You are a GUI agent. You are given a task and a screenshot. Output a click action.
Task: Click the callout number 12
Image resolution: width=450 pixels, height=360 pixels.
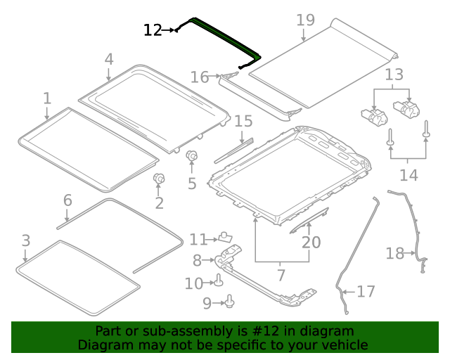[x=153, y=30]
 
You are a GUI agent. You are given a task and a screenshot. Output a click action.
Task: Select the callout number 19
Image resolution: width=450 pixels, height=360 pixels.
[x=305, y=20]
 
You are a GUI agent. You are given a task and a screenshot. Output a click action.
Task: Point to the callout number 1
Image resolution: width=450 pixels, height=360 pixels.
[x=46, y=97]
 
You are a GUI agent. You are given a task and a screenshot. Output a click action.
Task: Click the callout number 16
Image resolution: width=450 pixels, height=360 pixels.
[x=200, y=77]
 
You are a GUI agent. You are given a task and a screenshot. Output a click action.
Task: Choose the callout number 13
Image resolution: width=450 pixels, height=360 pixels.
[x=394, y=74]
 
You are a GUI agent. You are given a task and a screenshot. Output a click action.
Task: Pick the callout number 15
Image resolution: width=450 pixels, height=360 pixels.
[x=243, y=122]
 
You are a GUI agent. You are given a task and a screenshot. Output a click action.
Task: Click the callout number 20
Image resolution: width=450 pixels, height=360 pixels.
[x=311, y=243]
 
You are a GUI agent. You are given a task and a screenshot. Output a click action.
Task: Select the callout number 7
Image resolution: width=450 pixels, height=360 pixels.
[x=281, y=274]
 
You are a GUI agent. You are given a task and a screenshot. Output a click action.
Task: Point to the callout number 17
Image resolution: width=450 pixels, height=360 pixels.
[x=366, y=291]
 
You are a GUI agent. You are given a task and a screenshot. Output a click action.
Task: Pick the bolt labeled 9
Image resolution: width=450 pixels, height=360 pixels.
[x=229, y=302]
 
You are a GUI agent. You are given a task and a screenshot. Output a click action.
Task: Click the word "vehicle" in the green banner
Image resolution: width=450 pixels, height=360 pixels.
[x=345, y=345]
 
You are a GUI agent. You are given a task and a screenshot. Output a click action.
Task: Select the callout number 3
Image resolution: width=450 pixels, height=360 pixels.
[x=25, y=241]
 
